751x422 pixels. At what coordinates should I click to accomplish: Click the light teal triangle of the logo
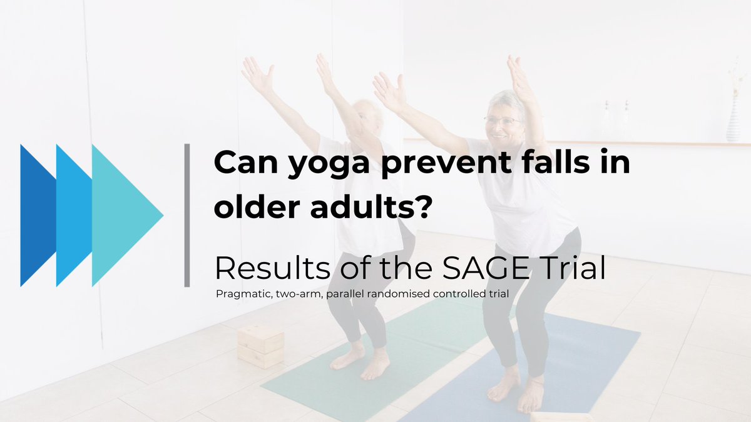pyautogui.click(x=125, y=215)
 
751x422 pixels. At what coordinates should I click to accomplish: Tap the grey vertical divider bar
pyautogui.click(x=186, y=215)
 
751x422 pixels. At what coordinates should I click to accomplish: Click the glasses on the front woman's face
pyautogui.click(x=501, y=121)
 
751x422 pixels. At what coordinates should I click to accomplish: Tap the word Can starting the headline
pyautogui.click(x=242, y=164)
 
